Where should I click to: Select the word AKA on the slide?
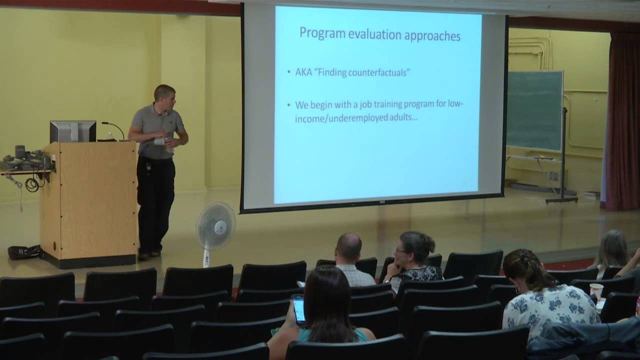(304, 72)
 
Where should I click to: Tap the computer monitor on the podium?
(73, 131)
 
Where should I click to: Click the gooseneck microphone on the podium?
(113, 129)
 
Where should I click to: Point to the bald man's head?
(348, 247)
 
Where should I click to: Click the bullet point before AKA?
(289, 72)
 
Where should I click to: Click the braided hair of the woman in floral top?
(522, 270)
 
